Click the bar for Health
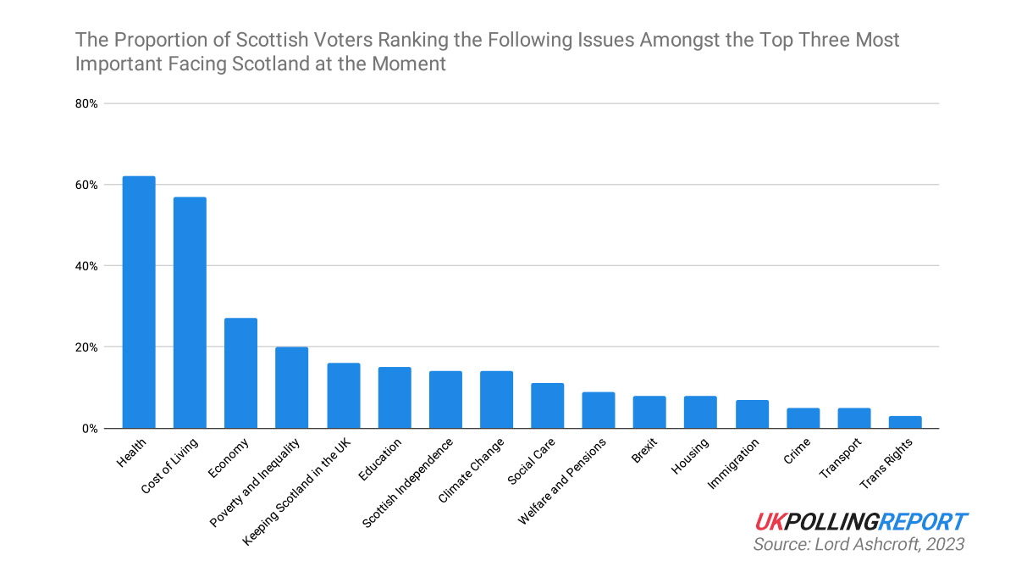pyautogui.click(x=139, y=302)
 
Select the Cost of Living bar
pyautogui.click(x=190, y=313)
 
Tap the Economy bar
pyautogui.click(x=240, y=373)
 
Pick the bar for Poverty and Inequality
pyautogui.click(x=291, y=388)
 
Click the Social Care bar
pyautogui.click(x=548, y=406)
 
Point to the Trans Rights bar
pyautogui.click(x=905, y=422)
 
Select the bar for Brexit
pyautogui.click(x=649, y=412)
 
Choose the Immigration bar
pyautogui.click(x=752, y=414)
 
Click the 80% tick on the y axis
pyautogui.click(x=86, y=104)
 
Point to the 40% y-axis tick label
pyautogui.click(x=86, y=266)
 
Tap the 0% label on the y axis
pyautogui.click(x=90, y=429)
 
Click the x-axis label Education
pyautogui.click(x=380, y=459)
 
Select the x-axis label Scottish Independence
pyautogui.click(x=408, y=483)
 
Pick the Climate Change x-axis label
pyautogui.click(x=472, y=470)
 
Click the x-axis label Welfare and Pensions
pyautogui.click(x=562, y=481)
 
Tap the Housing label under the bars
pyautogui.click(x=690, y=456)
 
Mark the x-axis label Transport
pyautogui.click(x=840, y=458)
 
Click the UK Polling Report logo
pyautogui.click(x=861, y=522)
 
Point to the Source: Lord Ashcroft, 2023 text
pyautogui.click(x=859, y=544)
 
